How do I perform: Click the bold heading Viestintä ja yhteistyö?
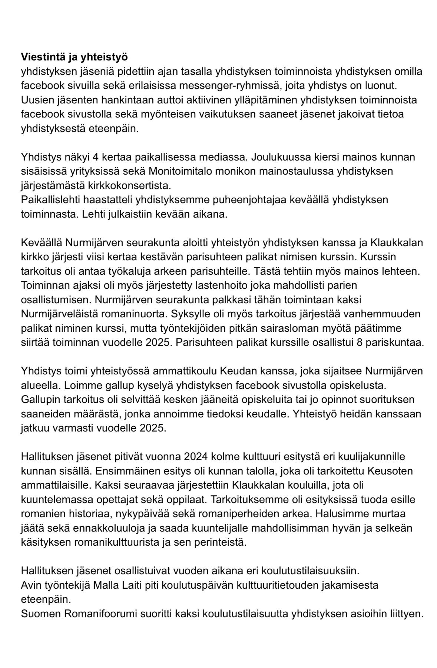tap(74, 57)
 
